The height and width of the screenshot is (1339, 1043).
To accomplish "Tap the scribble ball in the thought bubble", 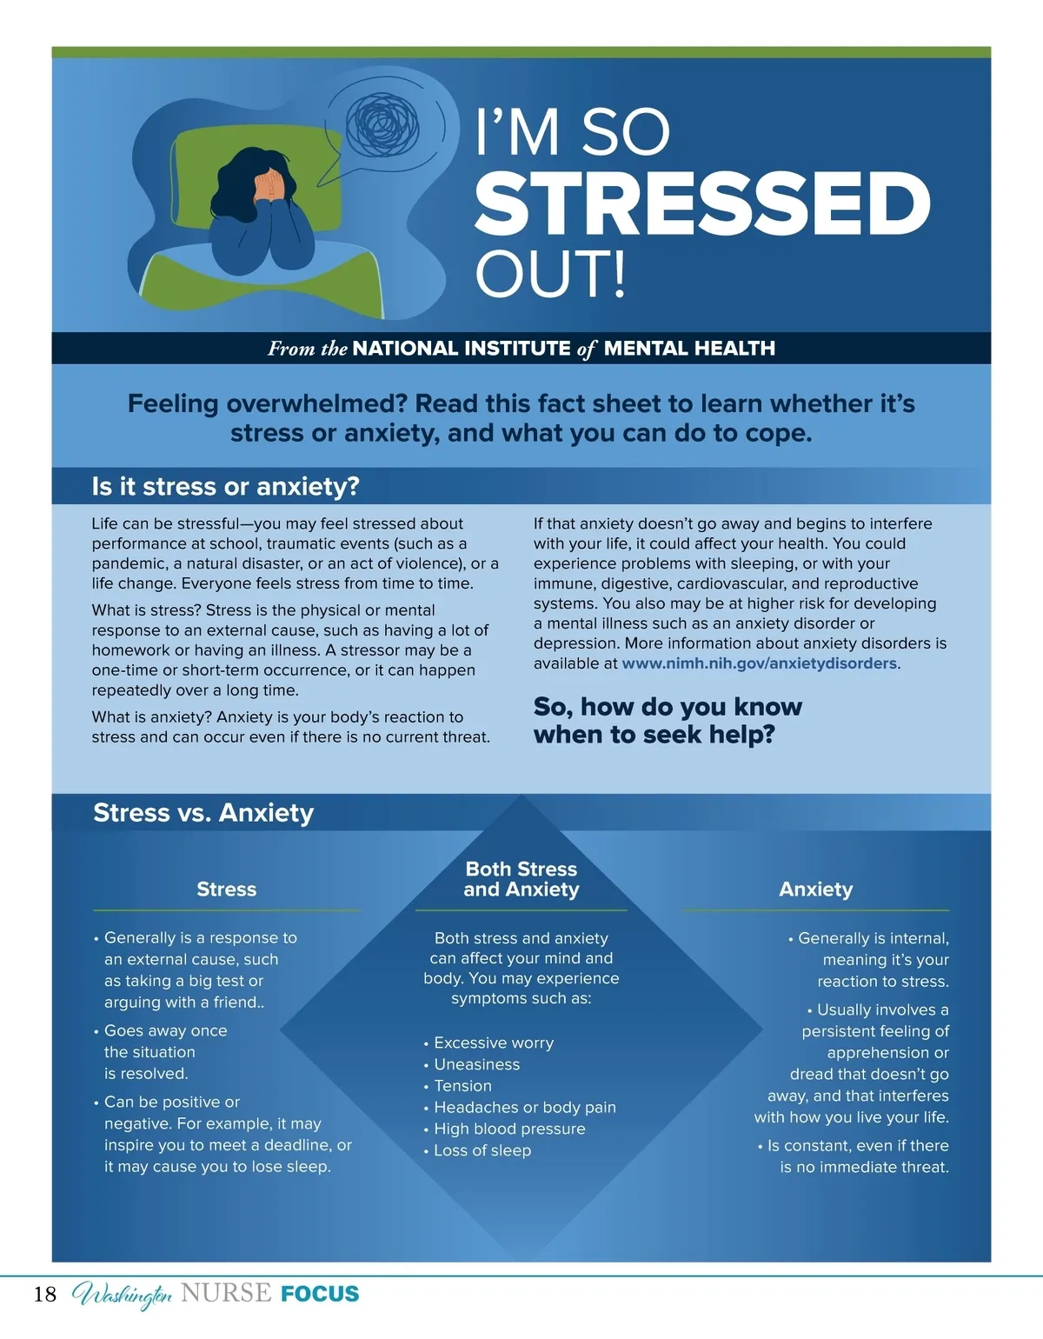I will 382,124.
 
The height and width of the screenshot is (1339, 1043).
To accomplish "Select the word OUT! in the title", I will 550,274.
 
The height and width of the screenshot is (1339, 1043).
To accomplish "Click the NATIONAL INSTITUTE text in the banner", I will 462,349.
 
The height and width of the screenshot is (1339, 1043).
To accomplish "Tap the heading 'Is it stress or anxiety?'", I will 225,487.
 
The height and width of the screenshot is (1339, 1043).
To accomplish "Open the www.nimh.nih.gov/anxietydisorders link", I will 759,663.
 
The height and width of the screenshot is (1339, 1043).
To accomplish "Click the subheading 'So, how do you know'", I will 668,707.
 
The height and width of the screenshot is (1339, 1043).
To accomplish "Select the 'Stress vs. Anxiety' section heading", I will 203,813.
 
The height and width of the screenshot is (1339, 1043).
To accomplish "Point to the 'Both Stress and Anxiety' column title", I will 521,879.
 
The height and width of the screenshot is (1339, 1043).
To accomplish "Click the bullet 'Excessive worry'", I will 493,1043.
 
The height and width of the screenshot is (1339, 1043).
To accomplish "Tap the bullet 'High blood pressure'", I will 509,1129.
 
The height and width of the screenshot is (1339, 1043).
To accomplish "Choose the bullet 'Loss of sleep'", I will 482,1150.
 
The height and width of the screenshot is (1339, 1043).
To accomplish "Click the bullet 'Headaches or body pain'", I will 524,1107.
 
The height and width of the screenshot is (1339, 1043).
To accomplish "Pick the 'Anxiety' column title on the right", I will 815,889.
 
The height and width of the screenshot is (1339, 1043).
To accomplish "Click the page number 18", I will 45,1295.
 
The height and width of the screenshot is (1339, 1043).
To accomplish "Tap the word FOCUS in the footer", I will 320,1294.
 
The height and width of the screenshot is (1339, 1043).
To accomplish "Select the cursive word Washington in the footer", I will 122,1295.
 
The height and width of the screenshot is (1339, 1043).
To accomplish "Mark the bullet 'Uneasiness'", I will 476,1064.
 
